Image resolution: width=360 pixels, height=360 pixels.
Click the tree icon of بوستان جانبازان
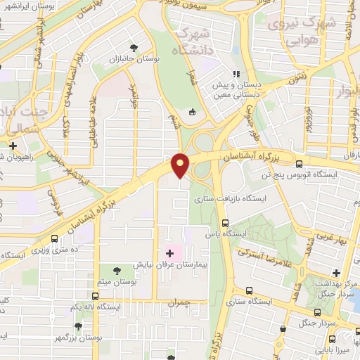coord(134,48)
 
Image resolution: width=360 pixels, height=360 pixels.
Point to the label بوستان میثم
coord(117,281)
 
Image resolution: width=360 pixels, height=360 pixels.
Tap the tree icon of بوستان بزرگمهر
coord(79,326)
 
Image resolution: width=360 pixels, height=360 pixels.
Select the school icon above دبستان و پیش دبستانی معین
coord(237,73)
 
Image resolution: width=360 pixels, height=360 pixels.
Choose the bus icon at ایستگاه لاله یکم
coord(95,296)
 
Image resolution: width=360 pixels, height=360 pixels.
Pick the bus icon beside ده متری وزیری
coord(55,239)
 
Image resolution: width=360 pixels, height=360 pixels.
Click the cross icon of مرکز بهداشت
coord(336,273)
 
